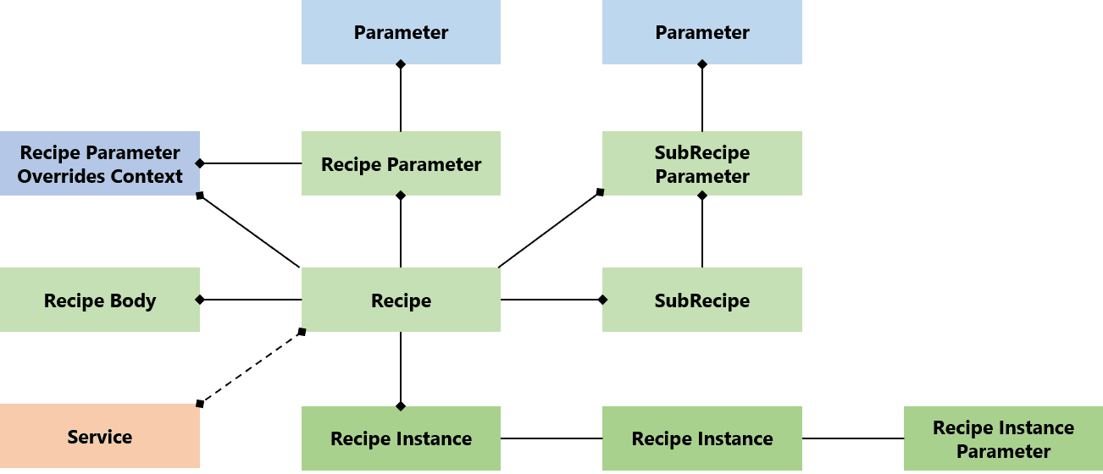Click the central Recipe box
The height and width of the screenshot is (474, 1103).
[401, 300]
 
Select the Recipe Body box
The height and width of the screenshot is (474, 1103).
[100, 300]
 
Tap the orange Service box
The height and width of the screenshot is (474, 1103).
[100, 436]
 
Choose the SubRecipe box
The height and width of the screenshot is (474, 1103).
[701, 300]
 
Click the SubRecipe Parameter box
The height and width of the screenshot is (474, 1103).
[701, 163]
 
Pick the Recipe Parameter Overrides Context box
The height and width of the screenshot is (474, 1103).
[100, 163]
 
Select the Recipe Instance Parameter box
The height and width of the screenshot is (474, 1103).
[1003, 438]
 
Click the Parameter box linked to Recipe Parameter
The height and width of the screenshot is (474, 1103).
[401, 32]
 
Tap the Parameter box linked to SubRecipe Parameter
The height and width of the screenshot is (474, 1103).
[701, 32]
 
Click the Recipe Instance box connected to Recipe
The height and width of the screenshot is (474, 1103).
[401, 438]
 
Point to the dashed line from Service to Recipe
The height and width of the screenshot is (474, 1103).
[251, 367]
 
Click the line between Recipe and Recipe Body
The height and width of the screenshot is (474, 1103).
[251, 300]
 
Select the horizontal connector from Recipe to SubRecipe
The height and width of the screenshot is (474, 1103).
[551, 300]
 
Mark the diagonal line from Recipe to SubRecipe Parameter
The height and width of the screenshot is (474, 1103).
[549, 229]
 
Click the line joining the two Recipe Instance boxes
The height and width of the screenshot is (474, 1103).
[551, 438]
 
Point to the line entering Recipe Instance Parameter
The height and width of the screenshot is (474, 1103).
[852, 438]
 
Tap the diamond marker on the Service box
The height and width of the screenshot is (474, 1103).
[200, 403]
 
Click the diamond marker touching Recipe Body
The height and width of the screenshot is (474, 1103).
[200, 300]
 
